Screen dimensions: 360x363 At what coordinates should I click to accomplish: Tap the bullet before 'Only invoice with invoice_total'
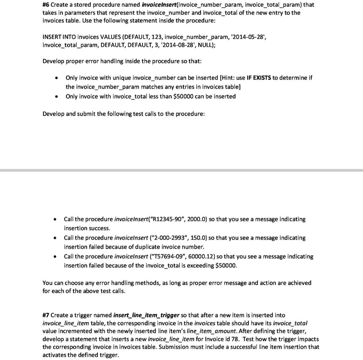click(x=58, y=96)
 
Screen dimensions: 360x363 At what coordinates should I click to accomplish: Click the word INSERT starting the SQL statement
click(x=52, y=37)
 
